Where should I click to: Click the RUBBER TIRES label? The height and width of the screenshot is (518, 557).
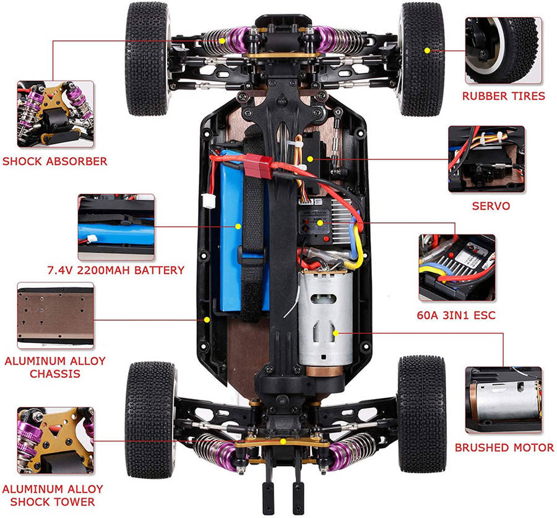point(504,96)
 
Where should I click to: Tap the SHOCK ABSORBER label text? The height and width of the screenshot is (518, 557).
point(54,162)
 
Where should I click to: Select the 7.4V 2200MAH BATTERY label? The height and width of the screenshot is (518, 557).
point(116,270)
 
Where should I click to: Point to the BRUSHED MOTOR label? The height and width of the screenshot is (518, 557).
point(504,447)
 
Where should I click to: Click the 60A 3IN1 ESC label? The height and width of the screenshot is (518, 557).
point(456,316)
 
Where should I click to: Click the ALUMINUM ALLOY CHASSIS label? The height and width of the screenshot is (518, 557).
point(55,367)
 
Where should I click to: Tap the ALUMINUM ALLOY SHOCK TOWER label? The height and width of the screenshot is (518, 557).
point(53,495)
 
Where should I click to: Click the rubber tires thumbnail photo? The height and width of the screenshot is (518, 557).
point(503,50)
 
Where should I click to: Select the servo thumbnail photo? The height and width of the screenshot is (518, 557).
point(486,159)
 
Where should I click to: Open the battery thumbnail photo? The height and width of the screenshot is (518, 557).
point(116,227)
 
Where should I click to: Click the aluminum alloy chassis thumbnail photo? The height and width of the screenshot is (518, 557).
point(55,314)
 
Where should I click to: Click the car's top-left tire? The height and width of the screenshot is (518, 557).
point(148,59)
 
